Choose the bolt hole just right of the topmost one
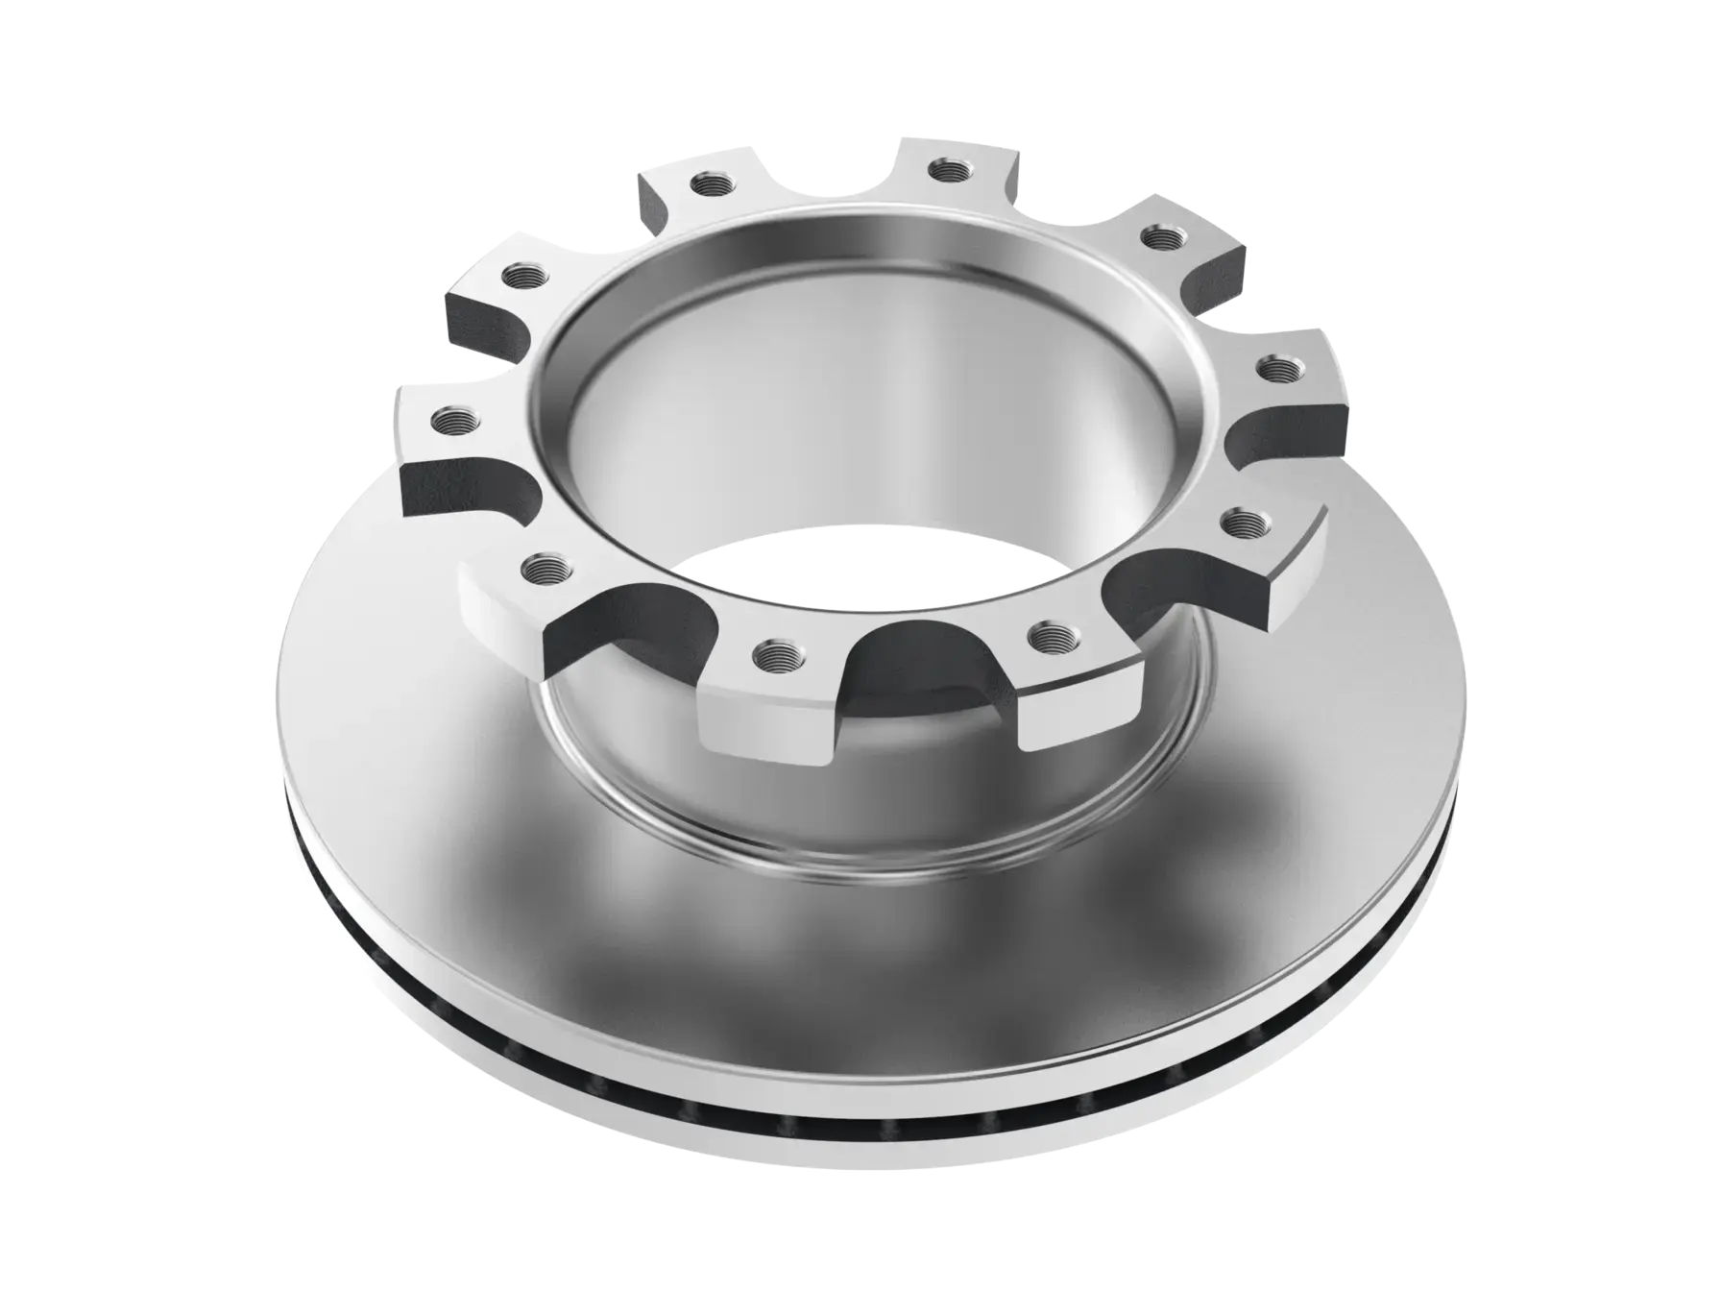coord(1158,236)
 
